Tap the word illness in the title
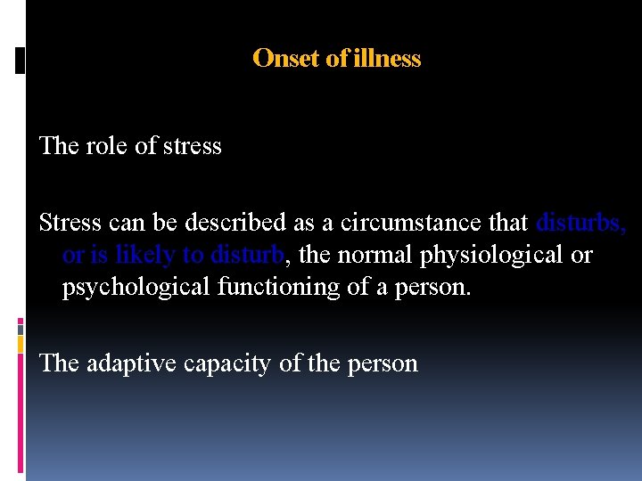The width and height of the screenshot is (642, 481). pos(387,59)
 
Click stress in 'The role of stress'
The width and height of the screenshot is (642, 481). pos(192,146)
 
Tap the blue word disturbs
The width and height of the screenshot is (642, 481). pos(580,223)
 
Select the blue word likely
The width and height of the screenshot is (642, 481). pos(144,256)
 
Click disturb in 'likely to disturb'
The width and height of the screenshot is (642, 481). pos(247,256)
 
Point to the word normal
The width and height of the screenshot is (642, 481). pos(384,256)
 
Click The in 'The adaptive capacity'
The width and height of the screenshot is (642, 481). pos(60,363)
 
